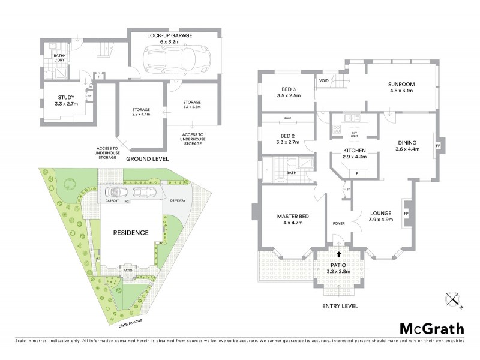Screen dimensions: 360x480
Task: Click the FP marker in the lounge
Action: (x=407, y=214)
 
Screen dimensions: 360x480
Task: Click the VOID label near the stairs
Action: (x=324, y=80)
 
